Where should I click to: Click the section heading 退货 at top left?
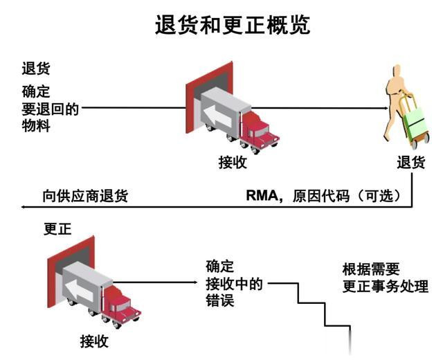pos(35,69)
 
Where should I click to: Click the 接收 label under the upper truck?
pos(232,163)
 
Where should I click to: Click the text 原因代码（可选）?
pos(345,196)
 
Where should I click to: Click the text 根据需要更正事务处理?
pos(385,278)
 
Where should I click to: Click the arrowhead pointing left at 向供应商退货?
pos(26,206)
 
